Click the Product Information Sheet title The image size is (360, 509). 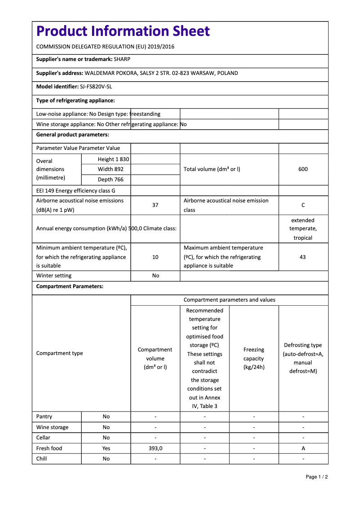[x=123, y=31]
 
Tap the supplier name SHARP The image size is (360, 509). [x=122, y=59]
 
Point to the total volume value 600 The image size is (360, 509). [x=303, y=169]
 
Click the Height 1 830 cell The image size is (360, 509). [x=113, y=159]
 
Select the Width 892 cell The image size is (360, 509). [x=111, y=169]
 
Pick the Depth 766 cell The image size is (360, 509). [x=110, y=180]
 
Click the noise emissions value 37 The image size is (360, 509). [x=155, y=205]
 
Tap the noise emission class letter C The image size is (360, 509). [x=303, y=205]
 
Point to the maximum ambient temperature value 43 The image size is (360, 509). [x=303, y=257]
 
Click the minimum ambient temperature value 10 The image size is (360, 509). [x=155, y=257]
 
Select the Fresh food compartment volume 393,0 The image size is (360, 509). [x=155, y=448]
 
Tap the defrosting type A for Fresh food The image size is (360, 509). [x=303, y=448]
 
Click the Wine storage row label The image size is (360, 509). [x=53, y=427]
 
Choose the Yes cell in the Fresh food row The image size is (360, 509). [x=106, y=448]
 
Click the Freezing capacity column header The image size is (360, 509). [x=254, y=358]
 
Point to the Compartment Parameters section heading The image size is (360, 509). [x=70, y=286]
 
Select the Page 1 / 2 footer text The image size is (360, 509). [x=316, y=477]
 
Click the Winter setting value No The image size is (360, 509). [x=155, y=276]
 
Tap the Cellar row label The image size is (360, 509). [x=44, y=438]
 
